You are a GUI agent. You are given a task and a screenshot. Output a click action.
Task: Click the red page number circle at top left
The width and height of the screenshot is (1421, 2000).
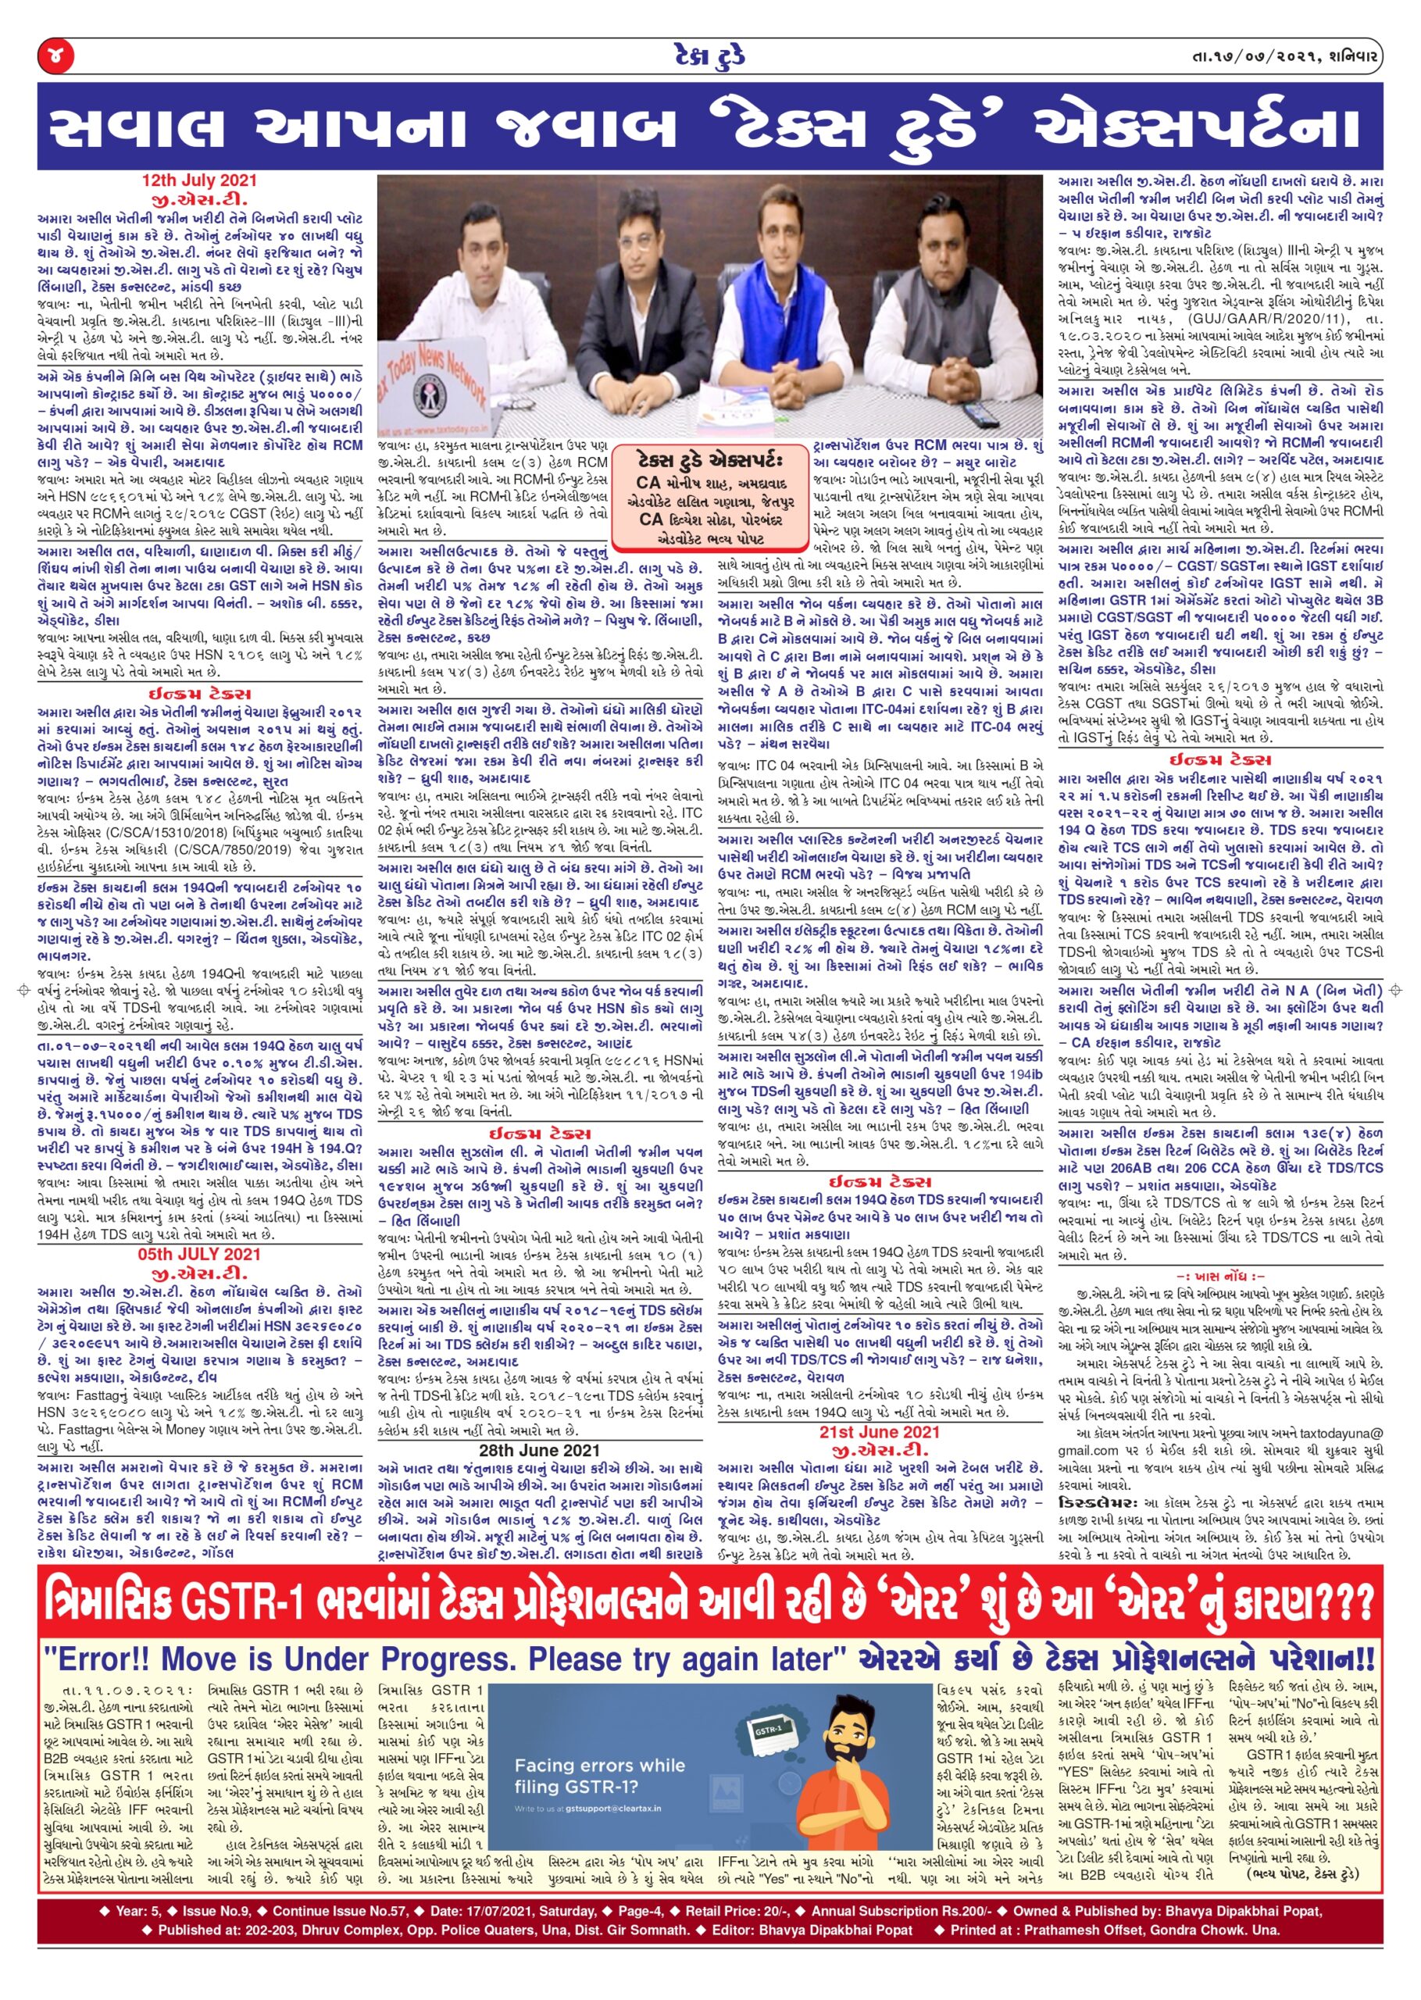click(56, 58)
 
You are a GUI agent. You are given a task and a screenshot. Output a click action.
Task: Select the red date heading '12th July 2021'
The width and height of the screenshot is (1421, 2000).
click(200, 181)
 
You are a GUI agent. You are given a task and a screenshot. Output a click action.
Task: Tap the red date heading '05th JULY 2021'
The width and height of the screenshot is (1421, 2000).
click(199, 1254)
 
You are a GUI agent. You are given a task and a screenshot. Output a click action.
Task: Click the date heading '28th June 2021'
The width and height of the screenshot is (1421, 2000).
click(539, 1450)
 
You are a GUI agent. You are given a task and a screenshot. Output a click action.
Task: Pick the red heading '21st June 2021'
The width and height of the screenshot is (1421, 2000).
click(880, 1431)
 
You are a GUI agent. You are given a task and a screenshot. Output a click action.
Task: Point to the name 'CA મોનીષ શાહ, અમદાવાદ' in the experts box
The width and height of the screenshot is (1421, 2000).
click(709, 482)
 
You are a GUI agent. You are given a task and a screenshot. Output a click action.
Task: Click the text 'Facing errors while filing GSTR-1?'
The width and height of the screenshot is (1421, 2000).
click(599, 1769)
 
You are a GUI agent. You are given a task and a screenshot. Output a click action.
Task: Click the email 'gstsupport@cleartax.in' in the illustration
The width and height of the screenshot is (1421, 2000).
click(612, 1801)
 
